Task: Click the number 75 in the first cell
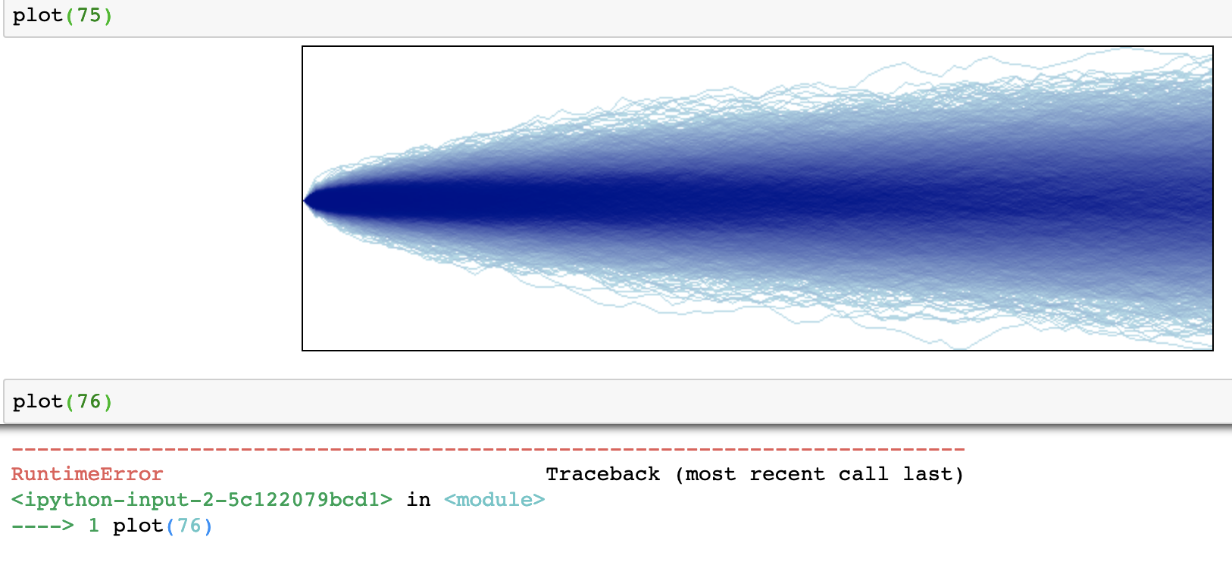[x=89, y=15]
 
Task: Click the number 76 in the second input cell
[x=89, y=401]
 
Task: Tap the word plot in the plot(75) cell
[x=38, y=15]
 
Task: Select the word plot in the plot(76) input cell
[x=38, y=401]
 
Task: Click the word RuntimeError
[x=87, y=474]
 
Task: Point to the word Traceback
[x=602, y=474]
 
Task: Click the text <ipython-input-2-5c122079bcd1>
[x=202, y=500]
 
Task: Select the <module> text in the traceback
[x=494, y=500]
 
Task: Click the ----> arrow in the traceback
[x=42, y=526]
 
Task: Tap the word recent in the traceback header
[x=786, y=474]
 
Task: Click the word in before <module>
[x=418, y=500]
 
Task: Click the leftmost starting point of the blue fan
[x=305, y=201]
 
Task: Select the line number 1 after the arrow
[x=93, y=526]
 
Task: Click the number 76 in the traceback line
[x=189, y=526]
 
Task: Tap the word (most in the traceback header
[x=705, y=474]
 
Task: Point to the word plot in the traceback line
[x=138, y=526]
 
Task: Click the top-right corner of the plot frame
[x=1212, y=47]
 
